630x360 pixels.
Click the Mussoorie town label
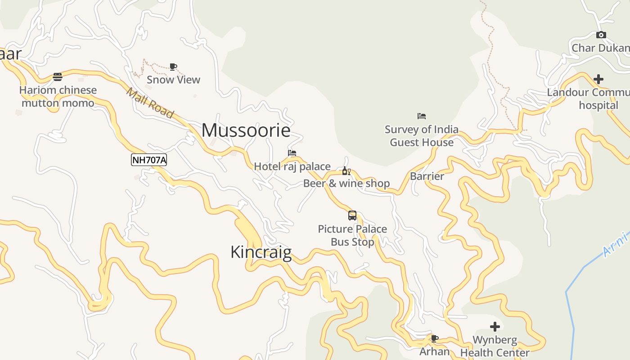pyautogui.click(x=246, y=130)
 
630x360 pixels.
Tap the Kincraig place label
pyautogui.click(x=261, y=252)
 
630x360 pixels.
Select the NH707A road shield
pyautogui.click(x=149, y=160)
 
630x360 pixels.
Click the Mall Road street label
pyautogui.click(x=150, y=103)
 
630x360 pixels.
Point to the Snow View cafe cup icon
pyautogui.click(x=173, y=67)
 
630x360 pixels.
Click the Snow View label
pyautogui.click(x=173, y=80)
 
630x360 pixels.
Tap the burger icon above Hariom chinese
pyautogui.click(x=58, y=77)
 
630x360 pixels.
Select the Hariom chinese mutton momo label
pyautogui.click(x=58, y=96)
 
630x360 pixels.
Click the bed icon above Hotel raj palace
pyautogui.click(x=292, y=153)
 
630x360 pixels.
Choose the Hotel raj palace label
pyautogui.click(x=292, y=166)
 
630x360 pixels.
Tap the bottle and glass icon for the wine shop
pyautogui.click(x=346, y=171)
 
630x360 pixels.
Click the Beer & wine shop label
pyautogui.click(x=346, y=183)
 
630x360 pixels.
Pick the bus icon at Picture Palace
pyautogui.click(x=352, y=216)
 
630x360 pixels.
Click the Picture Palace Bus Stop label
pyautogui.click(x=352, y=235)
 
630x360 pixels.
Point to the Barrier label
pyautogui.click(x=427, y=176)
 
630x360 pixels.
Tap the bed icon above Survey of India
pyautogui.click(x=422, y=116)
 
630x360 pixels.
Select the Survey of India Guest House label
pyautogui.click(x=422, y=136)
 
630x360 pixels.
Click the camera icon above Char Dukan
pyautogui.click(x=601, y=35)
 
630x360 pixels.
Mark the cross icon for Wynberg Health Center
pyautogui.click(x=495, y=327)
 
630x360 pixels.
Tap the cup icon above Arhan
pyautogui.click(x=434, y=338)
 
